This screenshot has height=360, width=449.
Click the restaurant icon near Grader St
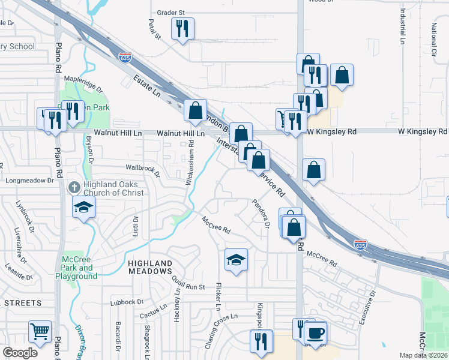[x=183, y=28]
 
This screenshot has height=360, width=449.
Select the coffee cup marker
[x=315, y=332]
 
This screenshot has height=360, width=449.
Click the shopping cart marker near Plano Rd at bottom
[x=40, y=331]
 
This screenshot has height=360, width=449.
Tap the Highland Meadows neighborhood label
[x=150, y=267]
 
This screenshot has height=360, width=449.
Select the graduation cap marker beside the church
[x=84, y=208]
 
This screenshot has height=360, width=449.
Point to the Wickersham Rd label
[x=191, y=163]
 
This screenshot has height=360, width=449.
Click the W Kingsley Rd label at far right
[x=423, y=131]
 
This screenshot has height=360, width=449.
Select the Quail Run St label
[x=188, y=287]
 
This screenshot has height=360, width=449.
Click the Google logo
[x=20, y=353]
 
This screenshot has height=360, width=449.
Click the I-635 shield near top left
[x=125, y=58]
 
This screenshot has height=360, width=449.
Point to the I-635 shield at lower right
[x=360, y=245]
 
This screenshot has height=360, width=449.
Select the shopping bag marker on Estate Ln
[x=195, y=110]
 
